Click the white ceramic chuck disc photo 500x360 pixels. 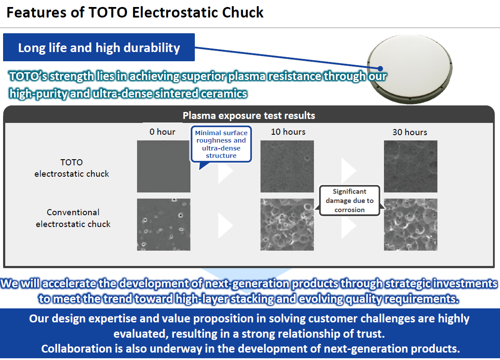[x=409, y=69]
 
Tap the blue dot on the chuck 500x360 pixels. [x=380, y=69]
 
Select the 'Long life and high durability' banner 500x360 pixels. [x=99, y=47]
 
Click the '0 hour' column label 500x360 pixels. [x=162, y=132]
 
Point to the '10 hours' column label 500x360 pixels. [x=288, y=132]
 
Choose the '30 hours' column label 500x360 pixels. [x=410, y=132]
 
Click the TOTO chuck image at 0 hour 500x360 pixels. [x=164, y=166]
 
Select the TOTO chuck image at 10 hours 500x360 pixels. [x=287, y=166]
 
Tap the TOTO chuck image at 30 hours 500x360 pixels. [x=410, y=166]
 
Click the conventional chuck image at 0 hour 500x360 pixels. [x=164, y=224]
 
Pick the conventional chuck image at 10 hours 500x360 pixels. [x=287, y=224]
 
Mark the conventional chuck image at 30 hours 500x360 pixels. [x=410, y=224]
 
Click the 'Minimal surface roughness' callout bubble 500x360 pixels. [x=221, y=144]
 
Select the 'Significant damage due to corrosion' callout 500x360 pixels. [x=349, y=201]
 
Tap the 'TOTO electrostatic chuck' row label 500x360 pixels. [x=72, y=168]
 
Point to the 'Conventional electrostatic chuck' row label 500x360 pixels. [x=73, y=218]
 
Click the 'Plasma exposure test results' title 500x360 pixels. [x=249, y=115]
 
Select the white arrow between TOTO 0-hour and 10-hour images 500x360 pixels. [x=225, y=171]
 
